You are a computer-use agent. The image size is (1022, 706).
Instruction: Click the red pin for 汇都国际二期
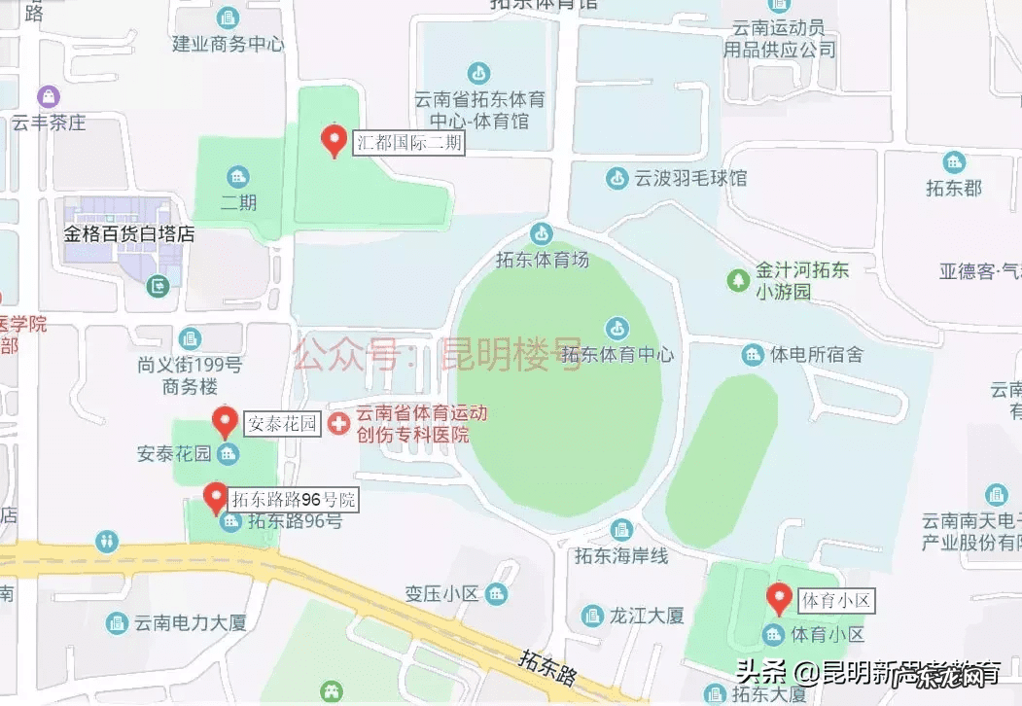click(x=334, y=141)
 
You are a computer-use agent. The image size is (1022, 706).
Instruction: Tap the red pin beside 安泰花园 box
click(x=226, y=422)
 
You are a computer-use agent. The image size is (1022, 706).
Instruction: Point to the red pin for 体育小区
click(x=778, y=598)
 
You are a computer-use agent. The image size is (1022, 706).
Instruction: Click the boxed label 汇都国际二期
click(x=408, y=144)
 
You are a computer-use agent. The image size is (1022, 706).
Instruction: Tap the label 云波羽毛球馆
click(x=690, y=179)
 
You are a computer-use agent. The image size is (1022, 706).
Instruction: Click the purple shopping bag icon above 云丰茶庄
click(x=49, y=96)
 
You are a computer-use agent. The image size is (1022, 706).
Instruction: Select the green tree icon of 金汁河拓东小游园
click(x=738, y=280)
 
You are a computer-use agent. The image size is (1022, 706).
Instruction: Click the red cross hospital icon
click(x=338, y=423)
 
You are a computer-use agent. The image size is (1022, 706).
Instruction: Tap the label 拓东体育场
click(x=542, y=260)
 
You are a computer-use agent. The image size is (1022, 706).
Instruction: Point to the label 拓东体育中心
click(x=617, y=354)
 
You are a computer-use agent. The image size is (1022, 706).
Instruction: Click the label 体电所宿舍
click(x=816, y=355)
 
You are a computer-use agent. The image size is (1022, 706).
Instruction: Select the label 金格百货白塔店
click(x=129, y=234)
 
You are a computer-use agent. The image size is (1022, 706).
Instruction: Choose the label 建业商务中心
click(x=229, y=44)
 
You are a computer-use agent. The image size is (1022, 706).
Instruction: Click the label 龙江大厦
click(x=647, y=616)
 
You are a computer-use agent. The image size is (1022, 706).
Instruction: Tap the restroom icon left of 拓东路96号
click(x=107, y=540)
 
